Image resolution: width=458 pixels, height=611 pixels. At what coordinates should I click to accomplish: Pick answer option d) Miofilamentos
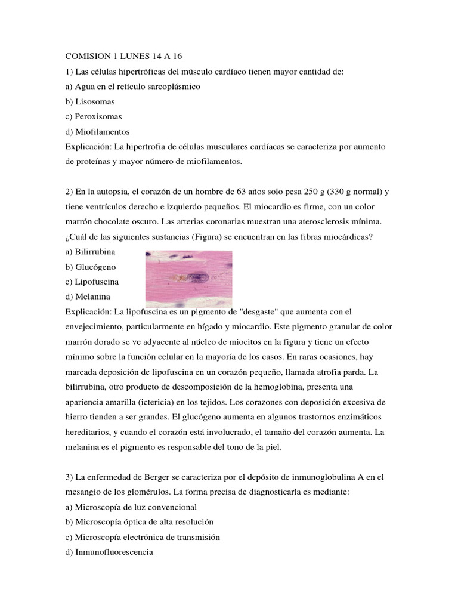point(97,132)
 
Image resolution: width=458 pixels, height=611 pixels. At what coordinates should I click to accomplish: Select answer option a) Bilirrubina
point(91,252)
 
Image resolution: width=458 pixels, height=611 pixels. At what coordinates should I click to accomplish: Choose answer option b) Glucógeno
point(91,267)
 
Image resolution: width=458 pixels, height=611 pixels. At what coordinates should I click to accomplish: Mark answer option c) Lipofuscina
point(93,282)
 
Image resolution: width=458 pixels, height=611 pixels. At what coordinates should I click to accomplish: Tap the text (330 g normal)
point(354,192)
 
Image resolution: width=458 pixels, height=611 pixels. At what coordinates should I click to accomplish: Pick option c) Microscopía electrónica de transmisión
point(143,537)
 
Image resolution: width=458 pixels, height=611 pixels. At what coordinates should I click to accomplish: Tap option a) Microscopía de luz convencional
point(129,507)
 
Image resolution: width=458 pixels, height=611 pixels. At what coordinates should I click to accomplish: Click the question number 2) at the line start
point(68,192)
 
